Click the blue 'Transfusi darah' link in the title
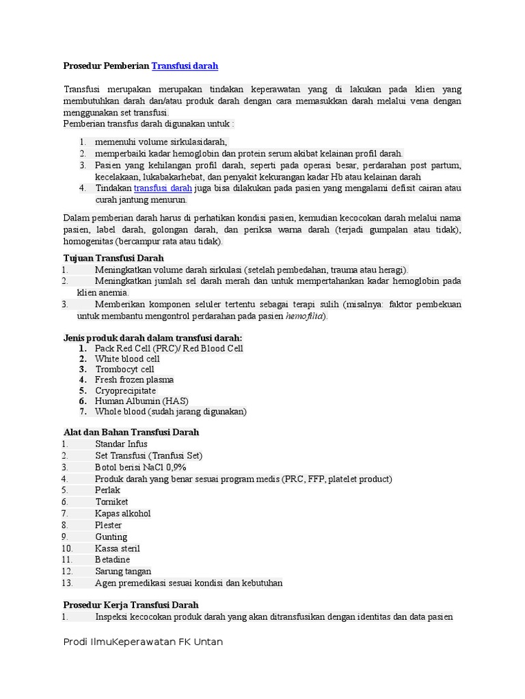(185, 66)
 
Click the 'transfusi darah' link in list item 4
(163, 188)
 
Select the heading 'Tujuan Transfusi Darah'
(113, 258)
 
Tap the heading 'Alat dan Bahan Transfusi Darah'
(131, 432)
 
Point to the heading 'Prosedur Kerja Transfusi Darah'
(131, 605)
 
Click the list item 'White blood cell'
(127, 358)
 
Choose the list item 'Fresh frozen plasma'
(134, 380)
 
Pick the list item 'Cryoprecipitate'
(125, 390)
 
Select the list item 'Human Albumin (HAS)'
(142, 401)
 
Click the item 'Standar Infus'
(121, 444)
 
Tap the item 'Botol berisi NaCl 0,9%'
(140, 467)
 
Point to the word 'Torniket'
(112, 502)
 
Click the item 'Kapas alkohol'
(122, 513)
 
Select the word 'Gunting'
(111, 537)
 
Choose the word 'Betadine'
(112, 559)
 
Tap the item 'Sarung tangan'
(123, 571)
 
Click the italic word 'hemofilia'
(305, 316)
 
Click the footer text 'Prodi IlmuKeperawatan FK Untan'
(142, 642)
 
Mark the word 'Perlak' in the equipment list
(107, 490)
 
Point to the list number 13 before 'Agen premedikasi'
(66, 582)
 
